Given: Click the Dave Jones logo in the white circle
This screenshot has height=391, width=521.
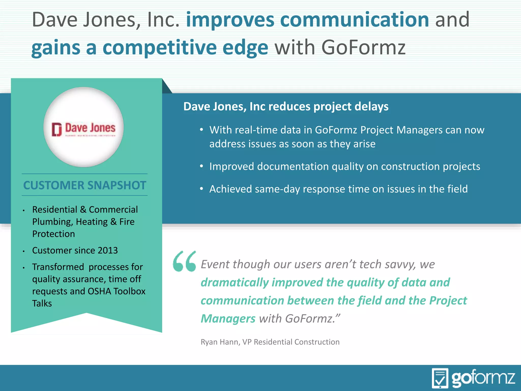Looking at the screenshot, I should (83, 129).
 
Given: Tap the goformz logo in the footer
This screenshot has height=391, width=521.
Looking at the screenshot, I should (473, 378).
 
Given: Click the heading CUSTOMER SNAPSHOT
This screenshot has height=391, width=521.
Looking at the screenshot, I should (84, 185).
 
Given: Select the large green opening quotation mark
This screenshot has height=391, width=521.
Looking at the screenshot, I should (184, 261).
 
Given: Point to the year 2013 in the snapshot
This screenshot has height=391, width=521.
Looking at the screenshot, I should (108, 250).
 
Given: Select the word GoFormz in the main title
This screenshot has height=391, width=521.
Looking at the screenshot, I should (364, 48).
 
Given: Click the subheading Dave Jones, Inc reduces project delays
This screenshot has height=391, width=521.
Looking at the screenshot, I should (286, 106).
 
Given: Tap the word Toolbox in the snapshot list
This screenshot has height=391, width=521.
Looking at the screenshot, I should (129, 291).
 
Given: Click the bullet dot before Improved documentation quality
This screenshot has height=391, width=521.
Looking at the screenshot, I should (201, 166).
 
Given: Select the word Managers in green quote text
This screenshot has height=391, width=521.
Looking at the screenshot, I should (228, 319).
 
